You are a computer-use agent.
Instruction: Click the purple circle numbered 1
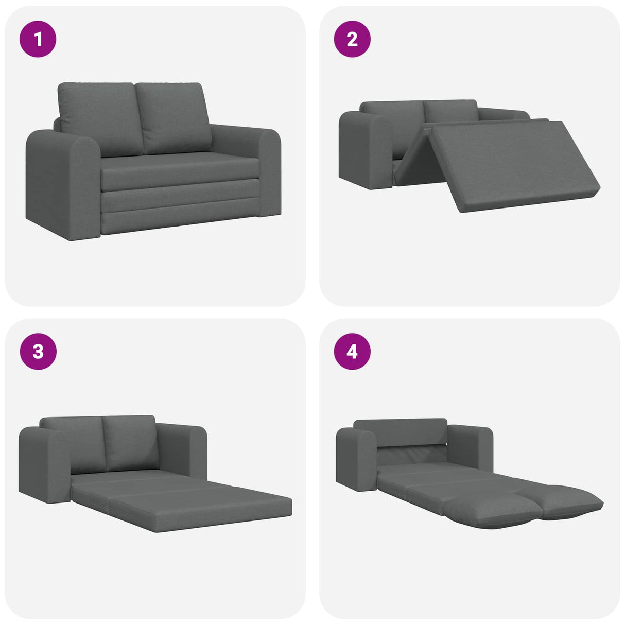[x=38, y=39]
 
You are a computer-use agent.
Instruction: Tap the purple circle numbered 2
[x=352, y=39]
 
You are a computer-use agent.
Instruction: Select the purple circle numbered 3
[x=38, y=352]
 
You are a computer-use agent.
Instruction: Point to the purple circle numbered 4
[x=352, y=352]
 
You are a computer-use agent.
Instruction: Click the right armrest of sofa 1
[x=268, y=170]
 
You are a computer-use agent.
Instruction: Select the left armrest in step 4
[x=355, y=458]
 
